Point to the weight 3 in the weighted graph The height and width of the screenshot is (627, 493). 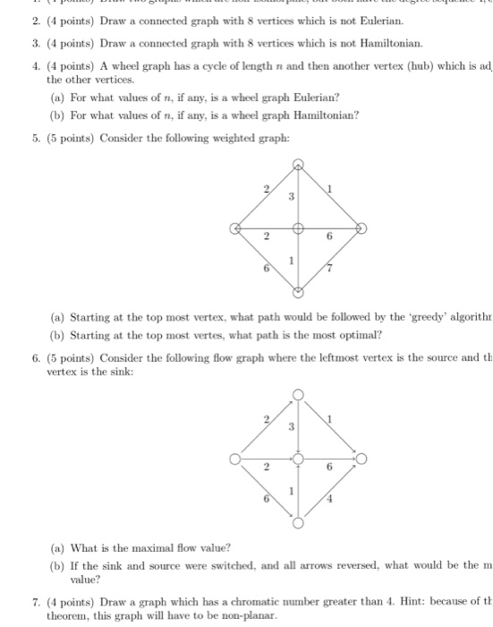pos(290,196)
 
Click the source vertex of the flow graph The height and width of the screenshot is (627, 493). pos(235,460)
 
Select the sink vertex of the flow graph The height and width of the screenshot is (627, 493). pos(363,460)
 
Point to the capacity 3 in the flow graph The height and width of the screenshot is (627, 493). pos(290,428)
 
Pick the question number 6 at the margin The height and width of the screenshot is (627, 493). pos(33,356)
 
